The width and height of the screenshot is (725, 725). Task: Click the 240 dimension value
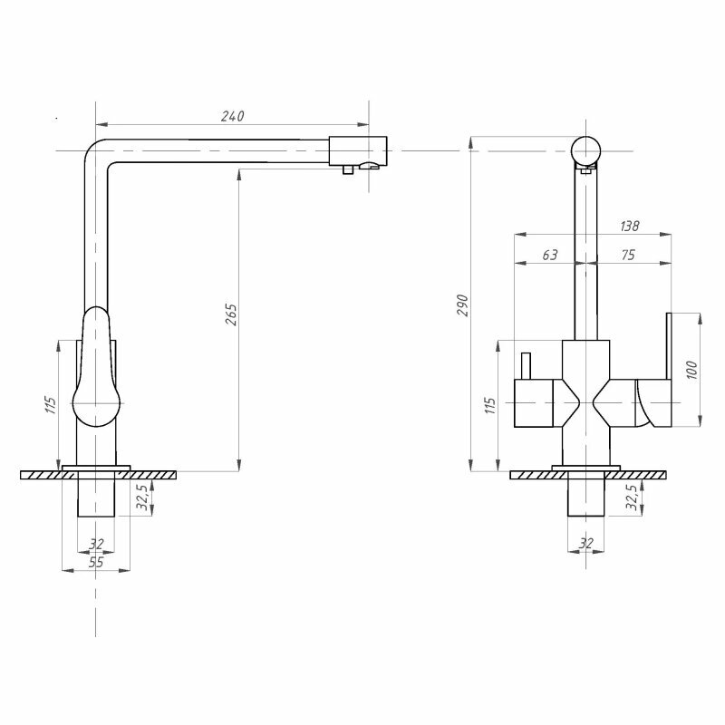coord(233,116)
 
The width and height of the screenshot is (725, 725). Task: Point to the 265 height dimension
coord(230,316)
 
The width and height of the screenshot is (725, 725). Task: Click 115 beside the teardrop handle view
coord(50,402)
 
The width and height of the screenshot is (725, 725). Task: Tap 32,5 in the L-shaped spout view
coord(142,498)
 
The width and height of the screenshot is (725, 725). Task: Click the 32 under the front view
coord(585,543)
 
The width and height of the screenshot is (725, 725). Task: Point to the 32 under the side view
coord(96,544)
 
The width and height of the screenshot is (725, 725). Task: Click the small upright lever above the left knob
coord(525,366)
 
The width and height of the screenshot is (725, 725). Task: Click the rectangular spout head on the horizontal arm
coord(358,148)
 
